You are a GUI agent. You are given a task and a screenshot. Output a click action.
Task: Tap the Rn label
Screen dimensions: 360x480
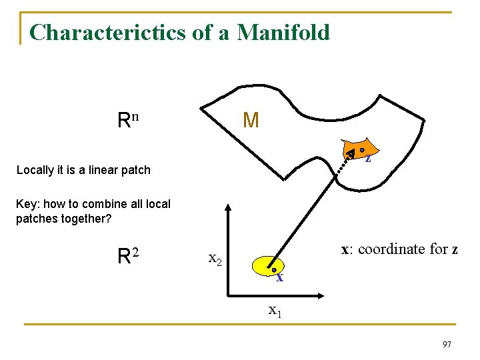[127, 120]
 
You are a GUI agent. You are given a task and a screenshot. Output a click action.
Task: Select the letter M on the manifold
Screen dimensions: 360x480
[251, 121]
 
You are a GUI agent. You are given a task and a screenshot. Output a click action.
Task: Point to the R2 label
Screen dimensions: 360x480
[127, 255]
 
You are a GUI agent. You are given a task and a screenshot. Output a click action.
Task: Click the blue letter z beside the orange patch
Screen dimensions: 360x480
[368, 159]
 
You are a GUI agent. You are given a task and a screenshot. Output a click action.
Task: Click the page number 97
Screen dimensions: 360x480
[446, 344]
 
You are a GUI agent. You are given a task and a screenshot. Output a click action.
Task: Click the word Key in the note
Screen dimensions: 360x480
[25, 204]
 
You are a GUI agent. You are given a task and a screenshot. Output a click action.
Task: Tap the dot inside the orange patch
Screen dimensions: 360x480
[361, 150]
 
